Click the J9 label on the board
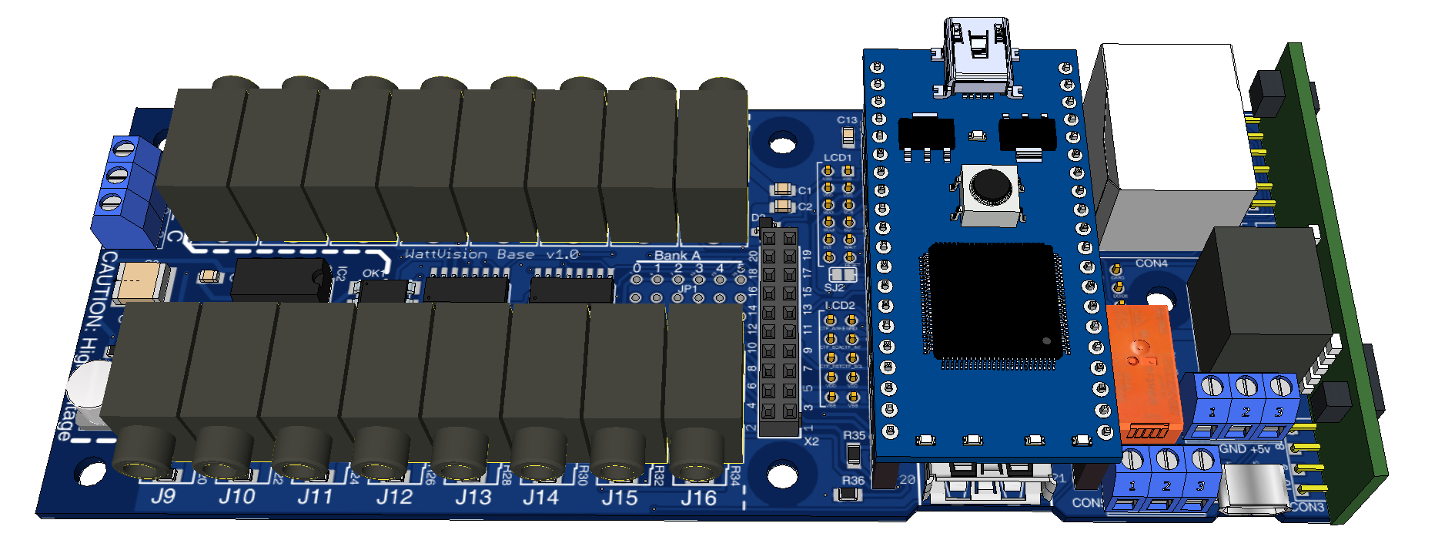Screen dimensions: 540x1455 [x=162, y=497]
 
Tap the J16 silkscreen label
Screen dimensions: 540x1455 [x=698, y=499]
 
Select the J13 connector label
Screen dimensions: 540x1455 [x=473, y=498]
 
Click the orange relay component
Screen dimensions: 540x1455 [x=1145, y=370]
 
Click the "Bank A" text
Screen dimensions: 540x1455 [x=677, y=256]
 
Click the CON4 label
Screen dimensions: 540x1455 [x=1151, y=263]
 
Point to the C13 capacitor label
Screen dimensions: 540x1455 [x=847, y=120]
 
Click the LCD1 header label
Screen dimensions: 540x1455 [x=838, y=158]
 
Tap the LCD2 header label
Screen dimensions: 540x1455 [x=839, y=306]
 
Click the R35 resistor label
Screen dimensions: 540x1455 [x=854, y=435]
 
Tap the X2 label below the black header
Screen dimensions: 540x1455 [x=811, y=442]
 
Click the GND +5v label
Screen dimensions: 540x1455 [x=1245, y=449]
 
